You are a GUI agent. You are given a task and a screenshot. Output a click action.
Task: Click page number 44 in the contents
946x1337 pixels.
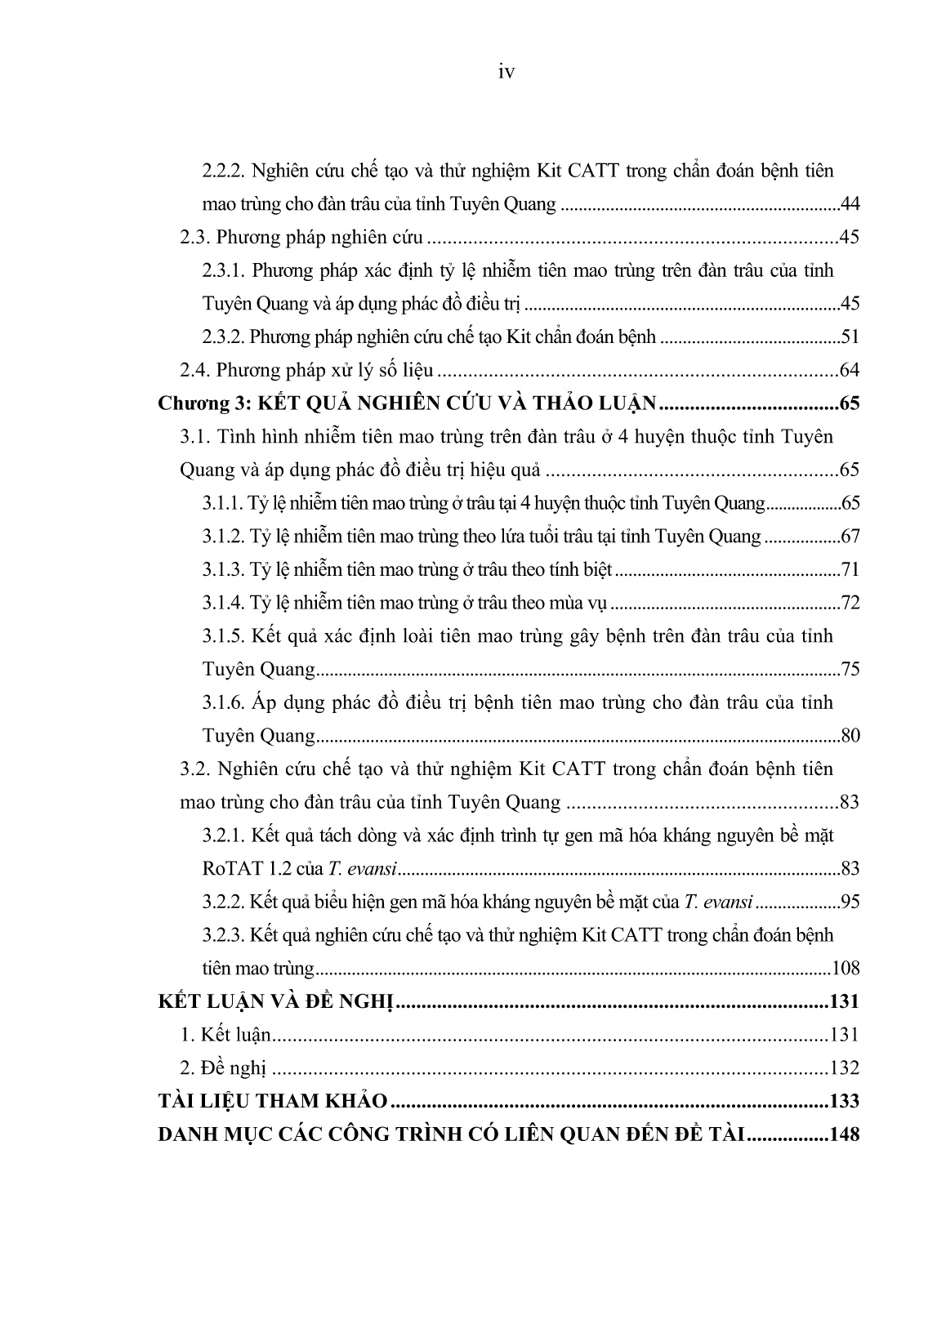[850, 204]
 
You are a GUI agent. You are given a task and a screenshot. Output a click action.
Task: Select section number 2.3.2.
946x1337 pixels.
[223, 337]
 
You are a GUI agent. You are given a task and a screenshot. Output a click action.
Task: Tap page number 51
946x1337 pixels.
[850, 337]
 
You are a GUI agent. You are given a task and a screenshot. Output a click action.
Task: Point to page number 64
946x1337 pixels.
[850, 371]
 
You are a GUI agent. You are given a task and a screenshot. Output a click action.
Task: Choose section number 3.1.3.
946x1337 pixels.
[223, 570]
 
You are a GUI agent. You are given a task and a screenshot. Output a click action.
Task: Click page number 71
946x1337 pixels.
[850, 570]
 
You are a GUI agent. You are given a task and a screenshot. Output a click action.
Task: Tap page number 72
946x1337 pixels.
[850, 604]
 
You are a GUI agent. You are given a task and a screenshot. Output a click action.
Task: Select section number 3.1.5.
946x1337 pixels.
[223, 636]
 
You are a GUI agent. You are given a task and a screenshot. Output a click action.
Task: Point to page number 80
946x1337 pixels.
[850, 736]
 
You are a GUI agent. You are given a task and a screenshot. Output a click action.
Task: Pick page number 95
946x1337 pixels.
[850, 902]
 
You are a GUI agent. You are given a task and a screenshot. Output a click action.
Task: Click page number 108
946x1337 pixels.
[846, 969]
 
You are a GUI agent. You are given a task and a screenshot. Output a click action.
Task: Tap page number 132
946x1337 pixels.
[844, 1068]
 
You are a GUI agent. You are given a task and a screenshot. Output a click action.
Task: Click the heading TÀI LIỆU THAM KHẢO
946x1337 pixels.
[273, 1102]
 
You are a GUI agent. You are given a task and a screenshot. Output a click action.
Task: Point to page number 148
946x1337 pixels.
[844, 1135]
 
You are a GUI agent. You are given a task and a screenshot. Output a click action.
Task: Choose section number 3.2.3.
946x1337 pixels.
[223, 935]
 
